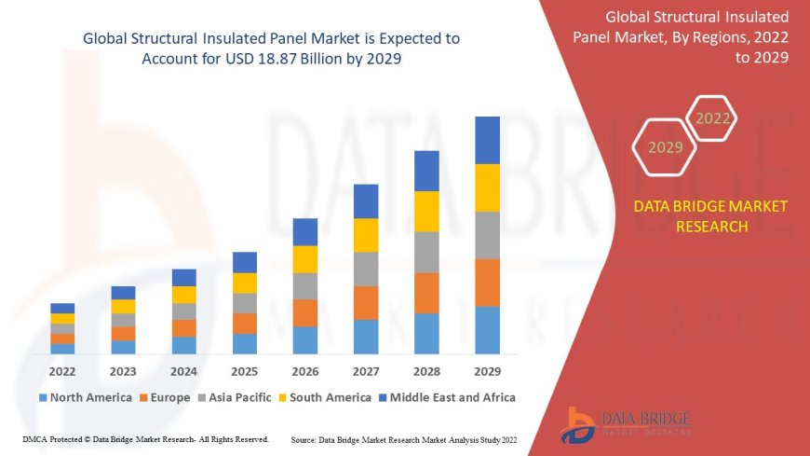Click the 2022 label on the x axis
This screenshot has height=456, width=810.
[62, 371]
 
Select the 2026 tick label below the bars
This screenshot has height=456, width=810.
[305, 371]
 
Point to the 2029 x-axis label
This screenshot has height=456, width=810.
[487, 371]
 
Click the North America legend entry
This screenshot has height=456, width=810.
[85, 397]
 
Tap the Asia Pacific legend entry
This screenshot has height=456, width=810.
[235, 397]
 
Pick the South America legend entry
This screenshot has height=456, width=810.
[324, 397]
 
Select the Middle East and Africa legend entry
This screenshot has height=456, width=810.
[447, 397]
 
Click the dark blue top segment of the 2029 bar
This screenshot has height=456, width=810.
[487, 140]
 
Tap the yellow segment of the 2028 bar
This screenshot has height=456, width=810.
[426, 211]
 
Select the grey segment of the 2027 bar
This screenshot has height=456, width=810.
[366, 269]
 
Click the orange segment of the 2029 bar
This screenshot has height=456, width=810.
[487, 283]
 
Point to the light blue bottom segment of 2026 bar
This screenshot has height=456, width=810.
[305, 339]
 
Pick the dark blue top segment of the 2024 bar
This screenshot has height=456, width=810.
[184, 277]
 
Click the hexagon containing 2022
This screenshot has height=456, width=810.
[713, 118]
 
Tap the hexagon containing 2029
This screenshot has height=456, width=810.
[666, 147]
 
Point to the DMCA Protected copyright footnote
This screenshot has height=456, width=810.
[145, 438]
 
